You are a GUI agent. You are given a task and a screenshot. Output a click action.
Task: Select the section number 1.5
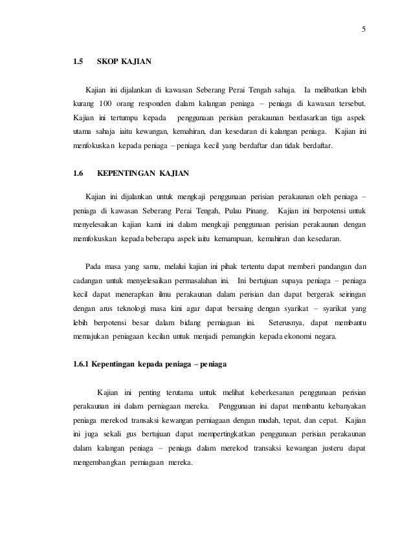click(78, 63)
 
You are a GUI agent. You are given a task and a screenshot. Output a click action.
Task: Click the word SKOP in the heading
click(107, 63)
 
